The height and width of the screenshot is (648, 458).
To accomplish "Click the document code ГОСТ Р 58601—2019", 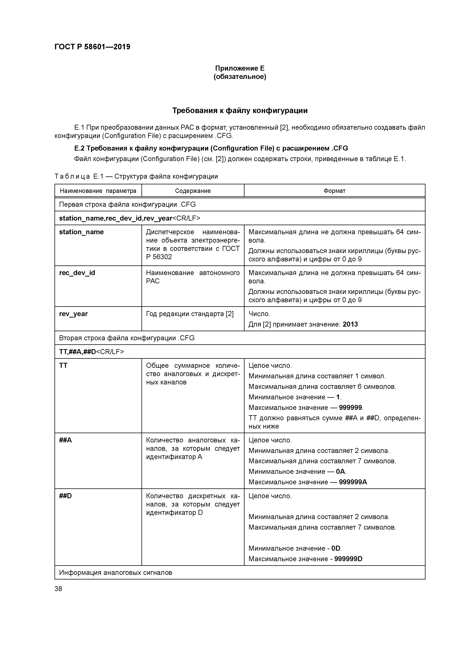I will click(92, 47).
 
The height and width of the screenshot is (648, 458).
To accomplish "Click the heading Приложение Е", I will click(240, 68).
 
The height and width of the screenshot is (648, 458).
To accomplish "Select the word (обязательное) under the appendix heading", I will click(240, 77).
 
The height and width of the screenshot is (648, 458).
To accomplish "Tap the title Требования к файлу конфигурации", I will click(240, 111).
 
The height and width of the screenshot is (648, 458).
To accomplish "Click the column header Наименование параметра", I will click(98, 191).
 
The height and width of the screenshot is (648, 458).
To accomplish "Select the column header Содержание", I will click(193, 191).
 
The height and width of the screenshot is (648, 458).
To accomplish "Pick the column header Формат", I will click(334, 191).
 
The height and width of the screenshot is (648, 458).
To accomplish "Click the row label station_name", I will click(81, 232).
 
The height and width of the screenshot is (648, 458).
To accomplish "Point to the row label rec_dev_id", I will click(77, 273).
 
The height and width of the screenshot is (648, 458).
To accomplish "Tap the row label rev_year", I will click(73, 314).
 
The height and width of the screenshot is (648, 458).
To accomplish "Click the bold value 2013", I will click(350, 324).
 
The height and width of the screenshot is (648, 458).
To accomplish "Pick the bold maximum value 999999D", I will click(348, 559).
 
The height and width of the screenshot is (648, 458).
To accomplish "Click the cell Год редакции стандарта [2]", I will click(190, 314).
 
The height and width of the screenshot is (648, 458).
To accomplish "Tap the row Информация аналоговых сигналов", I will click(115, 573).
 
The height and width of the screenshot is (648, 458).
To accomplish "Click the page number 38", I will click(58, 589).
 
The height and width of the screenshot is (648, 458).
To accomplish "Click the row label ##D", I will click(66, 496).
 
